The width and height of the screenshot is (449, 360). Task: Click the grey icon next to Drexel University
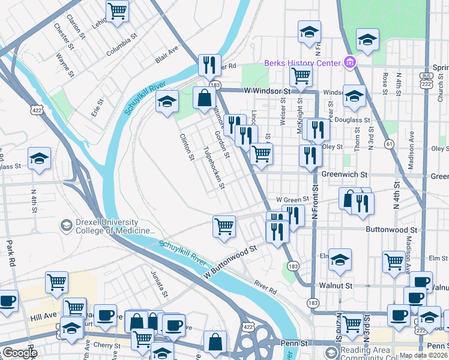(65, 226)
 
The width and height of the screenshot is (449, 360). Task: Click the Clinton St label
(187, 147)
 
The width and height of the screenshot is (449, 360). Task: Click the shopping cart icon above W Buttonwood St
(224, 226)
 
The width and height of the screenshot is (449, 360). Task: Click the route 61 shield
(390, 144)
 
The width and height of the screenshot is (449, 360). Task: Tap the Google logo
(20, 353)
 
